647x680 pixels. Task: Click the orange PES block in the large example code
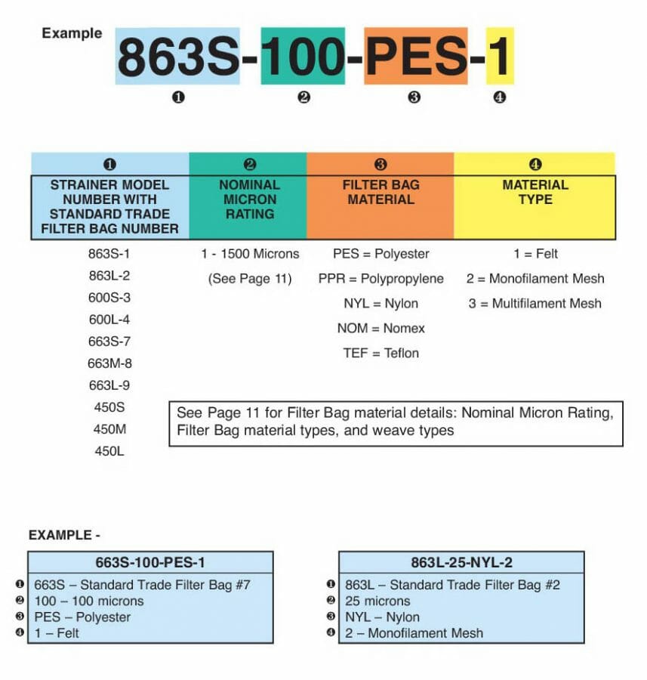[416, 56]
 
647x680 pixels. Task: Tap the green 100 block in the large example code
[303, 56]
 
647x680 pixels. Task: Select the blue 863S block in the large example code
[178, 56]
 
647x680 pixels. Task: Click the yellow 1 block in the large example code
[500, 56]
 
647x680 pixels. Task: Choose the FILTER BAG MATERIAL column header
[380, 192]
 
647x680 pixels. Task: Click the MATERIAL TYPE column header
[536, 192]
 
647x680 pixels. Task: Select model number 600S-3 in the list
[109, 298]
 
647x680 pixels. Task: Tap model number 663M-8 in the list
[109, 363]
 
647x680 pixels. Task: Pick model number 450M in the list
[109, 429]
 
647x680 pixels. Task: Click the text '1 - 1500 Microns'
[249, 254]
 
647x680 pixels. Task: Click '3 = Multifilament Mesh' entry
[535, 304]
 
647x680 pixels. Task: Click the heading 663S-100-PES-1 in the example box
[151, 562]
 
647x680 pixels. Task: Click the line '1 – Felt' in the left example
[57, 633]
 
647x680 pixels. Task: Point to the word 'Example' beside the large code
[72, 33]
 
